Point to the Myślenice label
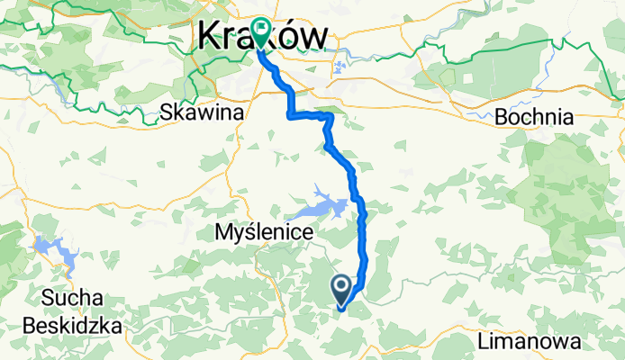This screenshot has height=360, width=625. point(264,232)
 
